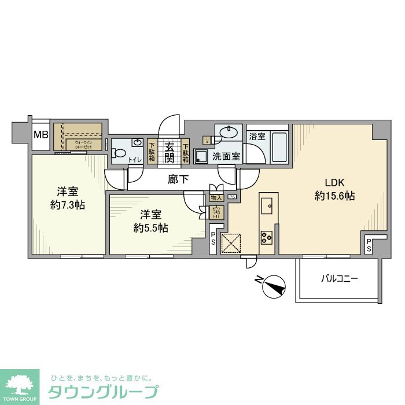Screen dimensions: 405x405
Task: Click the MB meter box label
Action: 41,135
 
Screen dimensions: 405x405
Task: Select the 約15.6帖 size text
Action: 334,196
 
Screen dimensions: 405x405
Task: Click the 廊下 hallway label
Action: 178,179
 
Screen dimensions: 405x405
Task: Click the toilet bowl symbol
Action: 119,154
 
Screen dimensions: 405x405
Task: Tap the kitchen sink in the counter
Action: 267,205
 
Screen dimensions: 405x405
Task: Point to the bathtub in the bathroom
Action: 279,148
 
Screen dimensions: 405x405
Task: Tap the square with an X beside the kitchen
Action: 231,243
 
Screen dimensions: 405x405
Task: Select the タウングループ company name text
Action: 102,392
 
